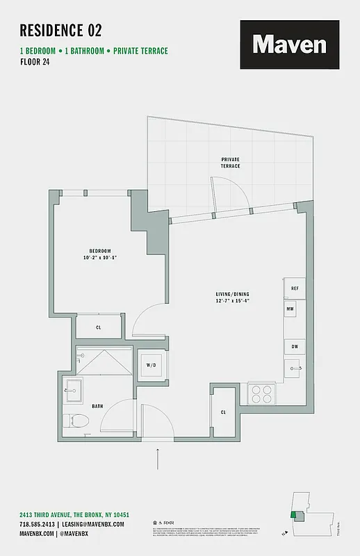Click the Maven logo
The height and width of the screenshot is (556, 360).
tap(289, 44)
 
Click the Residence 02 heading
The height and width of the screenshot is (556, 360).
tap(60, 30)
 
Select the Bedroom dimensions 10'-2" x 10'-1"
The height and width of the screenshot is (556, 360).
tap(99, 258)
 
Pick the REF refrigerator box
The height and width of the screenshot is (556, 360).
tap(294, 288)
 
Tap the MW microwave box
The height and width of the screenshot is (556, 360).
tap(290, 307)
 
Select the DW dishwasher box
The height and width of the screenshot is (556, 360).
tap(294, 346)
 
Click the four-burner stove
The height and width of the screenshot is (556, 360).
tap(262, 394)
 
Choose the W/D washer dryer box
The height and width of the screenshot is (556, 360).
tap(151, 365)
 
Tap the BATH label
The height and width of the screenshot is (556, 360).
tap(97, 406)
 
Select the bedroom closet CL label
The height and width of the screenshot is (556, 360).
tap(99, 327)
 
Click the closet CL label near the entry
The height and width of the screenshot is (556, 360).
tap(223, 412)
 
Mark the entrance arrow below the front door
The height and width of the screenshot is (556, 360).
tap(158, 459)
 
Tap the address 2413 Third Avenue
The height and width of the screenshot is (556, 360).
tap(81, 514)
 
